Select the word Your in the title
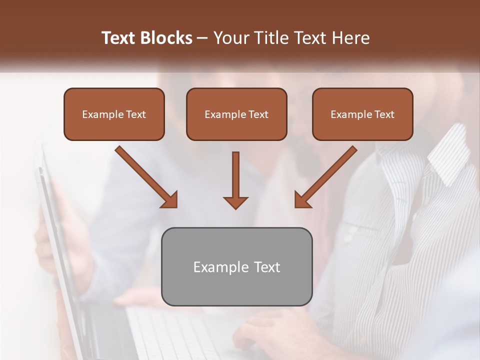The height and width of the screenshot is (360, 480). [229, 38]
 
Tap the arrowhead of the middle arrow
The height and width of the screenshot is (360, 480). [235, 202]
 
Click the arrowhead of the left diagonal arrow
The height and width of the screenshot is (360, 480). [170, 200]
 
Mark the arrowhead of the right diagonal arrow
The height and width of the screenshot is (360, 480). [302, 200]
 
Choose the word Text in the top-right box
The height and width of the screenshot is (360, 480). [384, 114]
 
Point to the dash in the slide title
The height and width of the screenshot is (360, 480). [203, 38]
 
